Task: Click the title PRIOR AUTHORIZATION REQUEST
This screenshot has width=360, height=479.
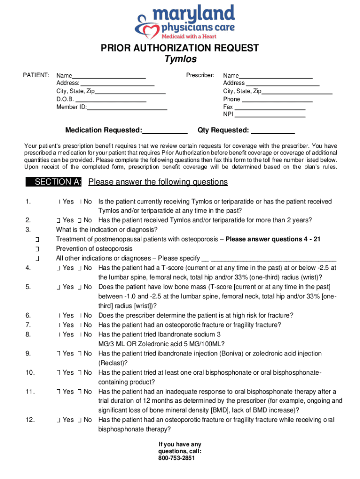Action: click(x=180, y=48)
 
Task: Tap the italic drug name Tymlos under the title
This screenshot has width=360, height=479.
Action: click(x=180, y=59)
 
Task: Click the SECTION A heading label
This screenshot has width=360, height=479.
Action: click(x=58, y=182)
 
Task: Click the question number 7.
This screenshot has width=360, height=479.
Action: click(x=29, y=325)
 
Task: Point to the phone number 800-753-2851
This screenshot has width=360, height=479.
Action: click(x=180, y=458)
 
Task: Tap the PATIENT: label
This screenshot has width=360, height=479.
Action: click(x=37, y=75)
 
